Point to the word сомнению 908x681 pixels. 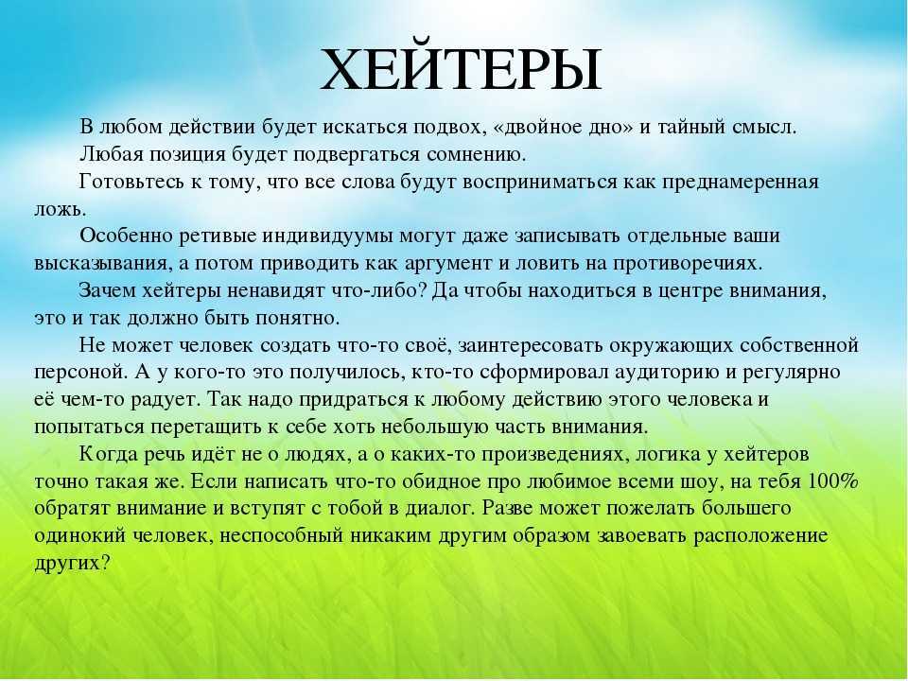pos(476,155)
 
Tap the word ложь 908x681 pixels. pos(60,210)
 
